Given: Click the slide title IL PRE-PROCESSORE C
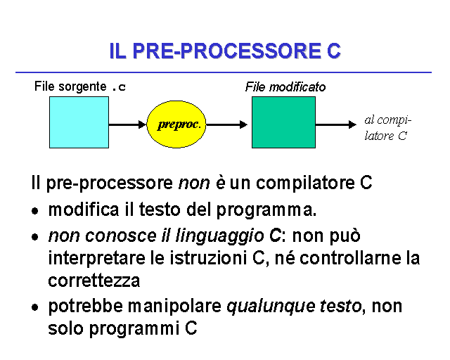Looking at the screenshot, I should [225, 51].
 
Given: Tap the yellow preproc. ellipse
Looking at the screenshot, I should [179, 124].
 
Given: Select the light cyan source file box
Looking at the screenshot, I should [79, 122].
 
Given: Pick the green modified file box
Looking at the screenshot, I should [283, 122].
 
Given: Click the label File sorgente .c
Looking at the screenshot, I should [80, 87].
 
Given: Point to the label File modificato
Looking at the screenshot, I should [285, 87].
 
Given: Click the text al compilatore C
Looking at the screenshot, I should [387, 128].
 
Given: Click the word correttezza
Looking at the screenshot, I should [94, 281].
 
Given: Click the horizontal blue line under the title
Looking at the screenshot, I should [224, 72].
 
